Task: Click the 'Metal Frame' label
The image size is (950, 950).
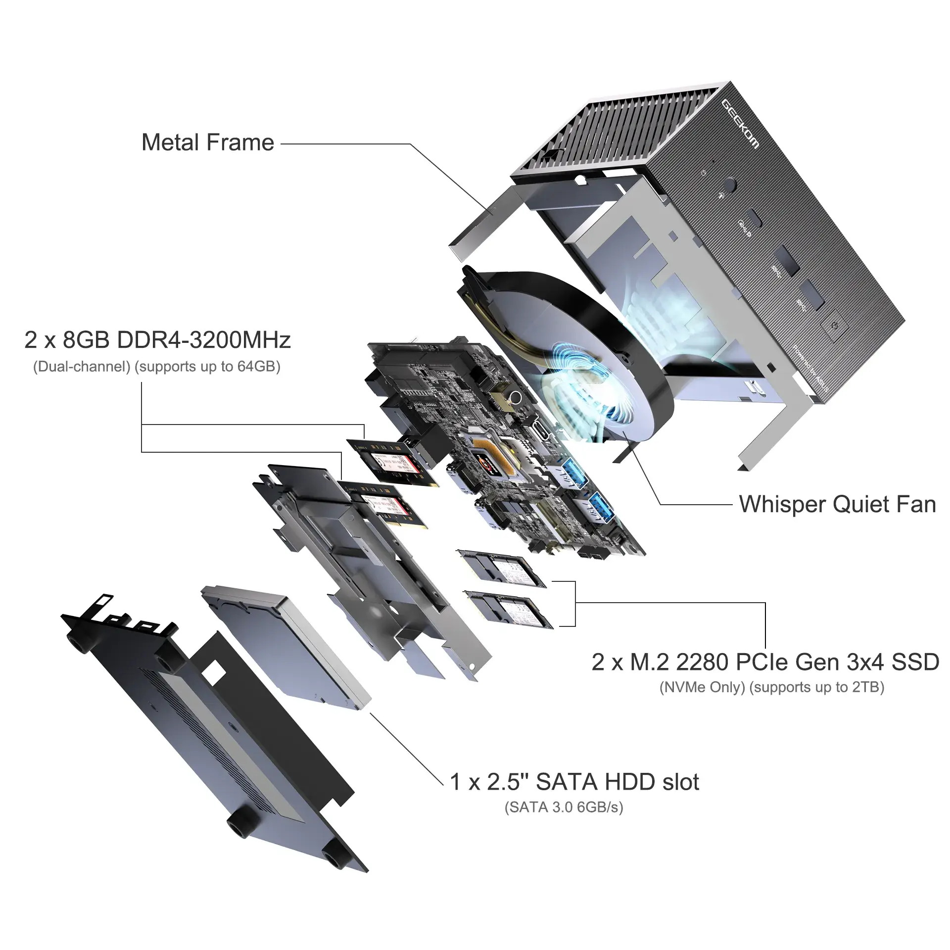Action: tap(207, 142)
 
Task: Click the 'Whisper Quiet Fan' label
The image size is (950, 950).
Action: tap(837, 504)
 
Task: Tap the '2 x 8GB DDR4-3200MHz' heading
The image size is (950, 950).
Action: tap(157, 340)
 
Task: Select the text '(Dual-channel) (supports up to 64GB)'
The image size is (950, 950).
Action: tap(156, 367)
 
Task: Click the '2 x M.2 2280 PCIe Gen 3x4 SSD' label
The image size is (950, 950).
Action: tap(765, 662)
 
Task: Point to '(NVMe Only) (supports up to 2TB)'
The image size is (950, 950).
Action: tap(771, 687)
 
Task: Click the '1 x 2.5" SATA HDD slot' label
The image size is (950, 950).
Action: tap(574, 782)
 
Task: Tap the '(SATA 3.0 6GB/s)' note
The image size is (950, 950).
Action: tap(564, 807)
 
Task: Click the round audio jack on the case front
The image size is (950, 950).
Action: tap(729, 186)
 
